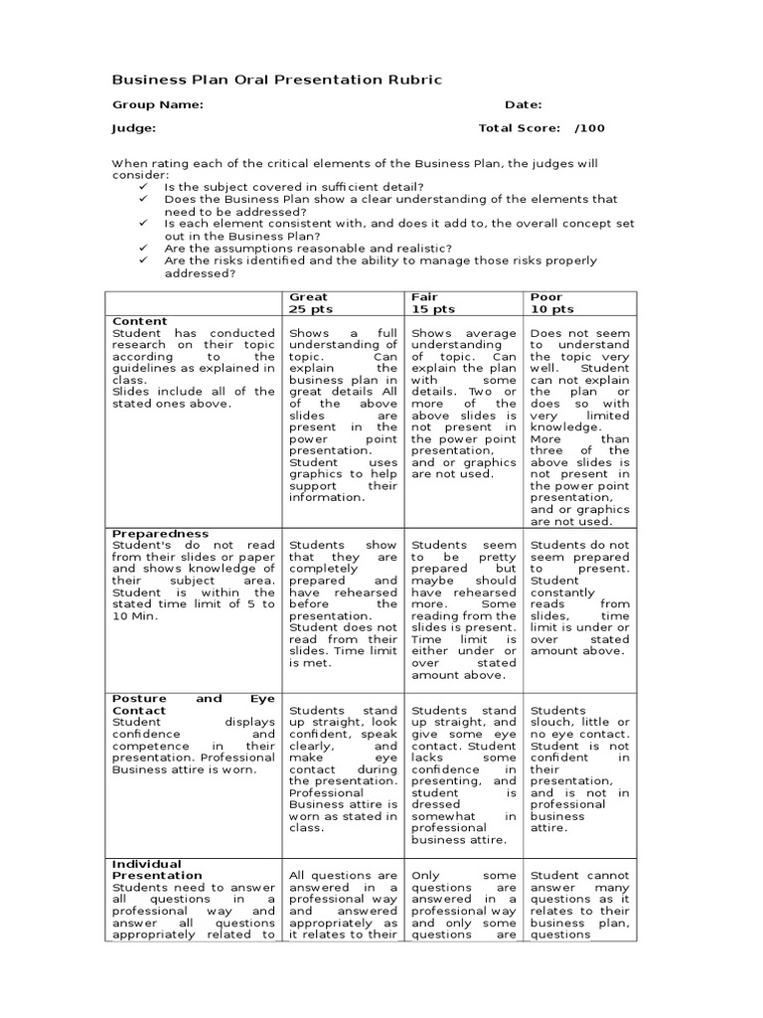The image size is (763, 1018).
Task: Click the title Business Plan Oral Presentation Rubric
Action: [x=277, y=80]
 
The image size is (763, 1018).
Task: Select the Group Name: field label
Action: [x=158, y=104]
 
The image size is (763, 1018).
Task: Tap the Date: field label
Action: [x=523, y=104]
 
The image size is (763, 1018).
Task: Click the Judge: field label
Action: [x=133, y=128]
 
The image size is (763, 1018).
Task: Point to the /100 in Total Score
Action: [x=589, y=128]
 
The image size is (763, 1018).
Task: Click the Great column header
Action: [x=308, y=296]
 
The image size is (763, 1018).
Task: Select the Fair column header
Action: [x=424, y=296]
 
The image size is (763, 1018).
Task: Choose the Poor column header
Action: [x=546, y=296]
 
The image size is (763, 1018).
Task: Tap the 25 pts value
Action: [x=310, y=309]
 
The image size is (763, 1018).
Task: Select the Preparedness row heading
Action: [x=160, y=533]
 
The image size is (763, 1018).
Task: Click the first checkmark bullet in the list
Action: [x=144, y=187]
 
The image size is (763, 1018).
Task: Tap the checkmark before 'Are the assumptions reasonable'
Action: [x=144, y=249]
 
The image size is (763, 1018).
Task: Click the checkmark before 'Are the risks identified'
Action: [x=144, y=260]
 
